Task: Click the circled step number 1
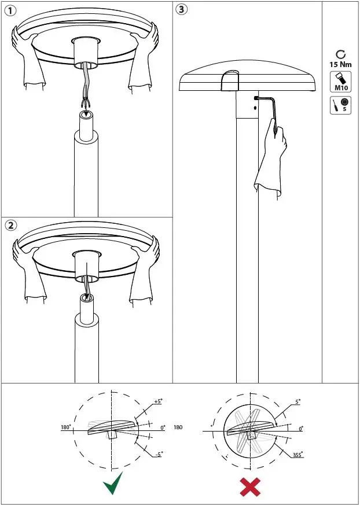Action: point(10,11)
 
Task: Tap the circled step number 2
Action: point(11,226)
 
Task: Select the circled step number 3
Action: point(182,10)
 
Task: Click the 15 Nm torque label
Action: point(340,64)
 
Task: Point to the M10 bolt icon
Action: point(340,82)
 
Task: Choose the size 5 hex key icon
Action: point(340,105)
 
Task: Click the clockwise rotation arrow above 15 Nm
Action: point(340,55)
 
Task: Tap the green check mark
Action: point(113,484)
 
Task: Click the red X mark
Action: point(250,486)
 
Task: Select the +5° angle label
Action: point(159,401)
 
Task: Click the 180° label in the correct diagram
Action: point(66,427)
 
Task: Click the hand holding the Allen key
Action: point(270,158)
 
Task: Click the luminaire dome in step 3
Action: point(248,76)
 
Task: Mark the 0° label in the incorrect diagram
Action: point(301,429)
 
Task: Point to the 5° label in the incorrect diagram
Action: point(297,402)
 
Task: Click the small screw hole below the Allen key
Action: point(255,108)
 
